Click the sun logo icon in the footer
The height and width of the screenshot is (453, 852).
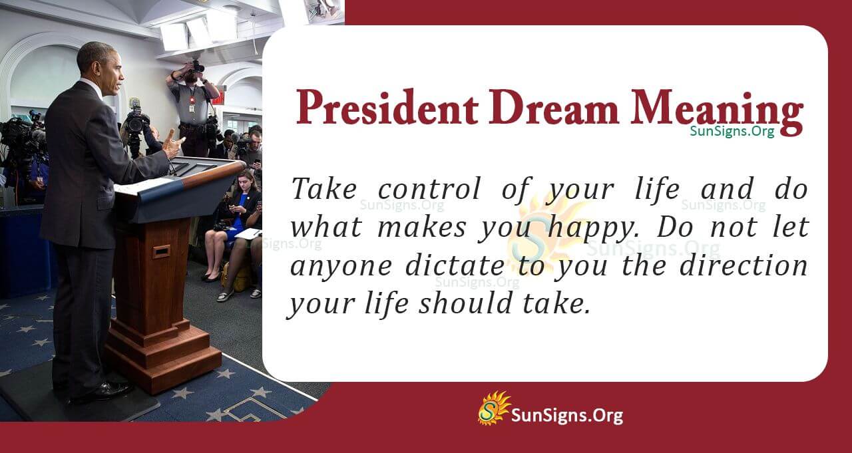(x=493, y=408)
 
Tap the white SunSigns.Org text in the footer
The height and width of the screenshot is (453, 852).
(x=566, y=416)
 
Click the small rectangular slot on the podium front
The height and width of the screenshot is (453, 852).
(x=161, y=251)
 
